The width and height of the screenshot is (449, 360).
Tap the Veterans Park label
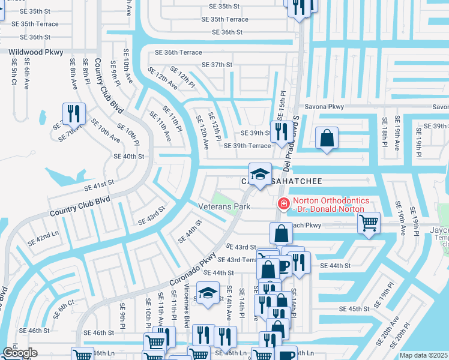(223, 206)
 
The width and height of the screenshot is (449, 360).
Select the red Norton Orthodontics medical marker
(283, 205)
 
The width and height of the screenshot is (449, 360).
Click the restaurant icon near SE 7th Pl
(74, 112)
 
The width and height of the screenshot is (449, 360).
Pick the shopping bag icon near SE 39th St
(326, 138)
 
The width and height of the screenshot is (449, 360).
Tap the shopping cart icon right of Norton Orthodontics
(369, 223)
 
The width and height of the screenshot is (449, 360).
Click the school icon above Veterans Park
(260, 174)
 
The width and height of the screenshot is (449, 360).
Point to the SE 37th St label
(217, 65)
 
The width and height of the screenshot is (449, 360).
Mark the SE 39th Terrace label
(247, 146)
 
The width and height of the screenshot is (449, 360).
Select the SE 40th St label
(129, 156)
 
